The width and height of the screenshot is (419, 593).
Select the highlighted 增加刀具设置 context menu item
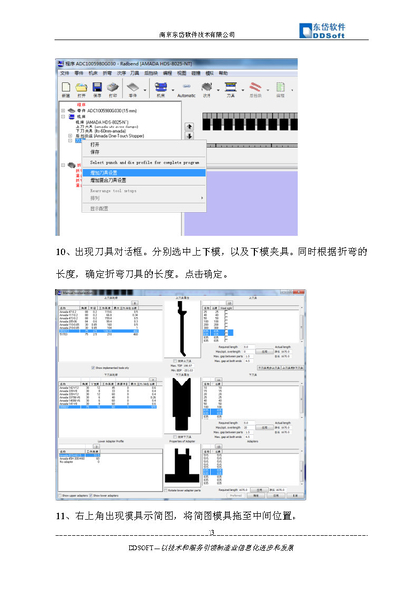click(x=112, y=172)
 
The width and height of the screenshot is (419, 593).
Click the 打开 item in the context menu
click(x=96, y=144)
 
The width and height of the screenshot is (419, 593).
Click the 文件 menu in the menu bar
click(x=65, y=73)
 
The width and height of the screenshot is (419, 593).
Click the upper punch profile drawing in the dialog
click(x=180, y=336)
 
